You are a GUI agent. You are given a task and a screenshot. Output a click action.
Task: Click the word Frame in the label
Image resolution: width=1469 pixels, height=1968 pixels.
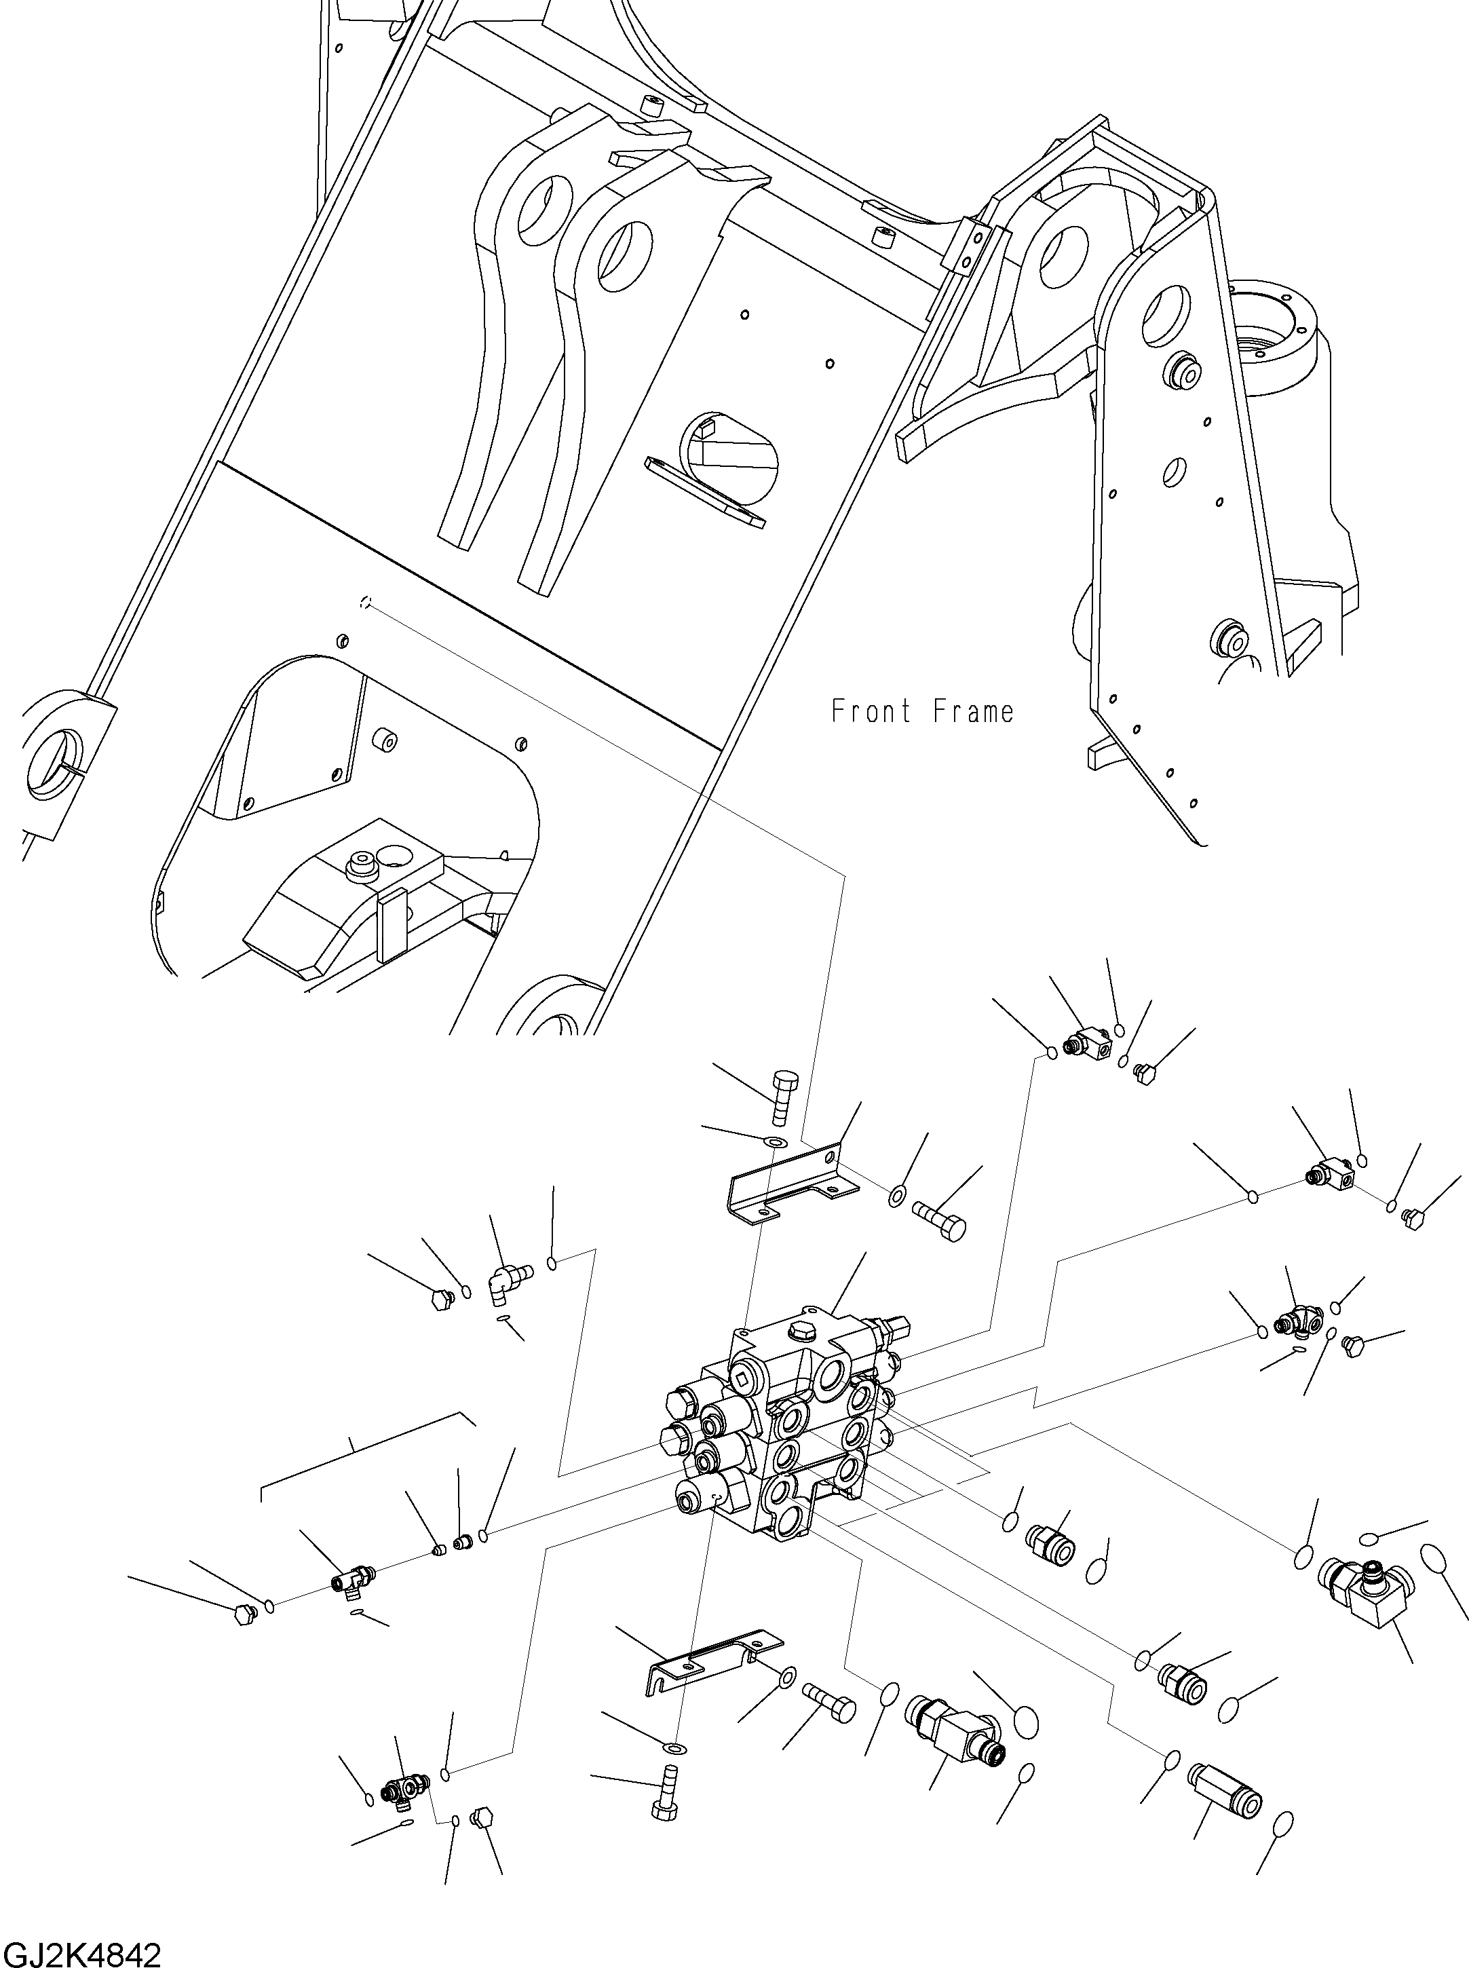tap(973, 711)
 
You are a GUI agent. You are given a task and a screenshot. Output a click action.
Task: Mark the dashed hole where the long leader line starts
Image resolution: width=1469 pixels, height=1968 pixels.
tap(364, 602)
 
